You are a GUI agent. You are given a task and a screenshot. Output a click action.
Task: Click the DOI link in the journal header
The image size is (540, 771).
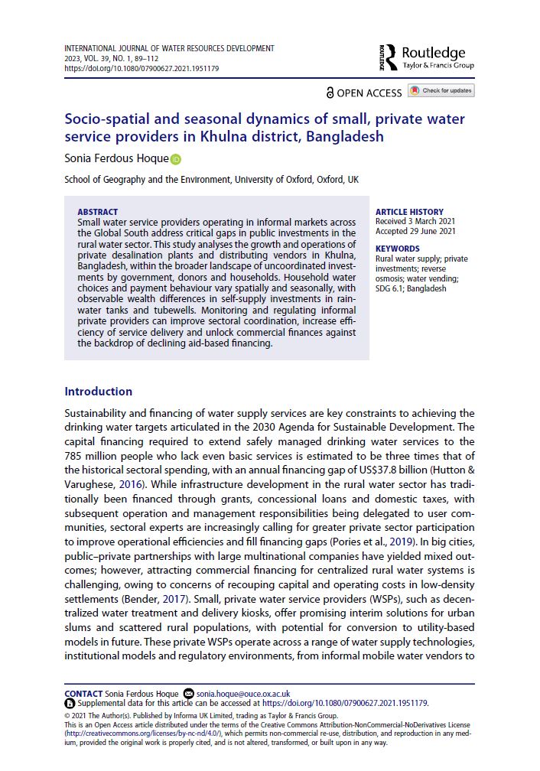point(142,68)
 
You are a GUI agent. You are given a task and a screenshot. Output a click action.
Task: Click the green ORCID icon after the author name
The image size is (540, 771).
point(176,159)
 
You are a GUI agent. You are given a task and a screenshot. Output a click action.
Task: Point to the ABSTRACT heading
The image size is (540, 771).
point(98,212)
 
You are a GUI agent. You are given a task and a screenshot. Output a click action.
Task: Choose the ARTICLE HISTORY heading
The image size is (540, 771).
point(409,212)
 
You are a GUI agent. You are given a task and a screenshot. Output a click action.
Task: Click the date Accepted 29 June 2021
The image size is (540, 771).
point(415,231)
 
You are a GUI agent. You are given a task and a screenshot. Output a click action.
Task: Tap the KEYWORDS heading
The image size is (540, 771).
point(397,249)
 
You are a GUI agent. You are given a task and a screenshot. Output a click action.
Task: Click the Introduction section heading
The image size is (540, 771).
point(98,392)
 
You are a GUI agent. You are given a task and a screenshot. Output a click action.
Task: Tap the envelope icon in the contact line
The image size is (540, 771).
point(190,692)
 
